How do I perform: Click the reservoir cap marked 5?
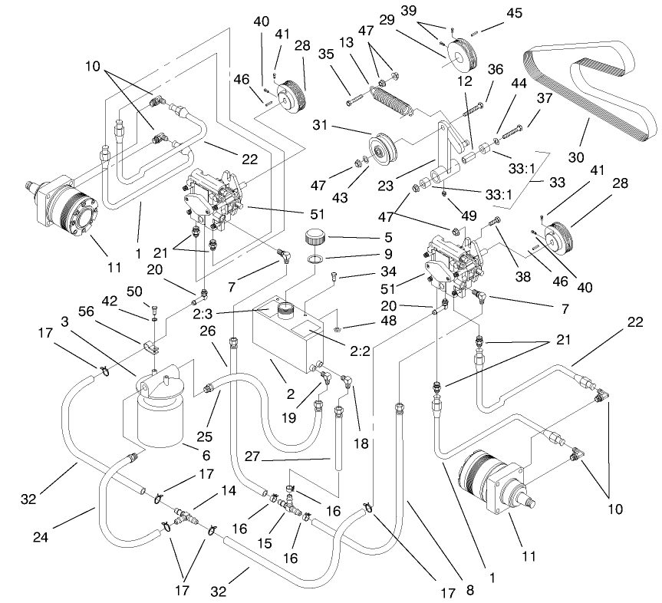315,235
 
